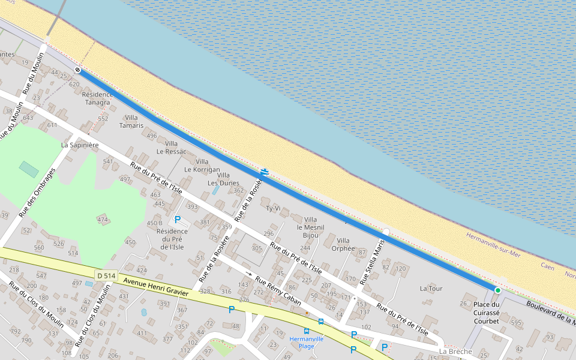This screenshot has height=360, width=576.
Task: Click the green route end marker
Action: tap(497, 290)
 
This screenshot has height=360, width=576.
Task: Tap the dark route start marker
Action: tap(77, 70)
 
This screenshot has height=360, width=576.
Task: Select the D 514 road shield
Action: tap(104, 275)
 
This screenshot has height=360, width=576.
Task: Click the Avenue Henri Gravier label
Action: tap(155, 287)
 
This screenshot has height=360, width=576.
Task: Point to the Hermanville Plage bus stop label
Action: tap(307, 342)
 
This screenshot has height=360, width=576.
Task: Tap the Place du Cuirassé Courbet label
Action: tap(486, 313)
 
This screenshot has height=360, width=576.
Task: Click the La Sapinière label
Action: tap(80, 145)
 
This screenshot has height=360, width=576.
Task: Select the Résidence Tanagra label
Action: tap(97, 98)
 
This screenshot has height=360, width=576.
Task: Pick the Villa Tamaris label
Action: tap(131, 121)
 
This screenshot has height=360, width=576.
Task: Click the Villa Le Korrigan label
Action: tap(202, 166)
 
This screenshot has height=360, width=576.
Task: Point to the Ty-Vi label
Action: tap(273, 208)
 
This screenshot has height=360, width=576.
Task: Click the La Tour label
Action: tap(431, 289)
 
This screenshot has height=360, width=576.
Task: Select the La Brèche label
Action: tap(456, 351)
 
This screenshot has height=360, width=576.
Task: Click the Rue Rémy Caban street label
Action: tap(278, 291)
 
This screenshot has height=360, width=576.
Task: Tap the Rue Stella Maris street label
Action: tap(372, 262)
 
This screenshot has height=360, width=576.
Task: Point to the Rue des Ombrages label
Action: tap(37, 192)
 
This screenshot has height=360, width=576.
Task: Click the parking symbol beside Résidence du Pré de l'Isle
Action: tap(178, 220)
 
